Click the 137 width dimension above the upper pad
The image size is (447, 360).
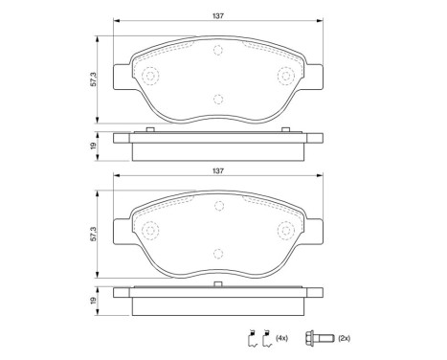(217, 14)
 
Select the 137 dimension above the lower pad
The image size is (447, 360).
(217, 171)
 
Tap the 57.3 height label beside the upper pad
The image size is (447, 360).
(93, 80)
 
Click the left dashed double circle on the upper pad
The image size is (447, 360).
(149, 77)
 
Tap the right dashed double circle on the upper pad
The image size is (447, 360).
(285, 77)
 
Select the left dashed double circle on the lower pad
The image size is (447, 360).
(149, 231)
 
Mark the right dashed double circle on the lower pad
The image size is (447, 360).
(285, 231)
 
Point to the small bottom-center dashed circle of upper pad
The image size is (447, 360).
(217, 99)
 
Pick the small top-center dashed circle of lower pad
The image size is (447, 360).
(217, 206)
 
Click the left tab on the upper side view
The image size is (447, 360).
(149, 130)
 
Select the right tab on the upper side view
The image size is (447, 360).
(286, 130)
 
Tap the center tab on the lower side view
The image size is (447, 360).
(217, 284)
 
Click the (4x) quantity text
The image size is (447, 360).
(283, 338)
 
